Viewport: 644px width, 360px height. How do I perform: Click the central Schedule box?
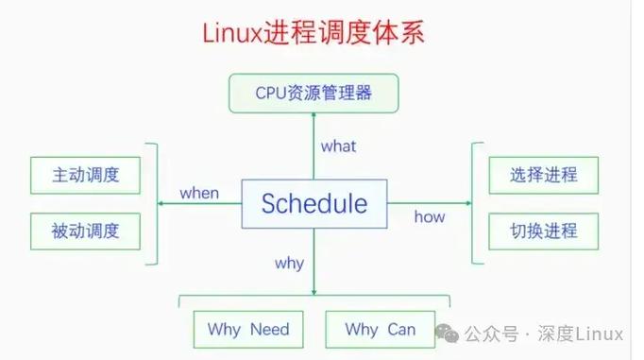coord(314,203)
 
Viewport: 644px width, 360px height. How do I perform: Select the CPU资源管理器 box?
coord(314,93)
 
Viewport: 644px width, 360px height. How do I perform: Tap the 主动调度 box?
coord(85,175)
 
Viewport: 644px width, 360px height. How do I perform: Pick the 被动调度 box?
coord(85,230)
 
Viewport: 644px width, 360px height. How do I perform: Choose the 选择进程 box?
coord(543,175)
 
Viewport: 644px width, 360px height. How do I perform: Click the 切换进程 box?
coord(543,230)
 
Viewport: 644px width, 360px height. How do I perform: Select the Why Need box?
coord(247,330)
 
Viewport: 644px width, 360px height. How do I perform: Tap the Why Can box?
coord(380,330)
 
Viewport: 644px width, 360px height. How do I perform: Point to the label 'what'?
coord(338,146)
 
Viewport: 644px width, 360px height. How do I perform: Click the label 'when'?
coord(198,193)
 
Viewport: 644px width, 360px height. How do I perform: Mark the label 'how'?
coord(429,217)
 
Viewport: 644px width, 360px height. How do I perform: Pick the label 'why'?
coord(289,263)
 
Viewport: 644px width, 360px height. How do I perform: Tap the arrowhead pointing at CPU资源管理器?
coord(314,115)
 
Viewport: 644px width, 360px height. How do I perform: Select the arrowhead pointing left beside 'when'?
coord(159,202)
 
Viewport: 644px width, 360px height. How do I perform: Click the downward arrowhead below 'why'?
coord(314,292)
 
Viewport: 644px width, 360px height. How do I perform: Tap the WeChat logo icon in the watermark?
coord(449,334)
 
